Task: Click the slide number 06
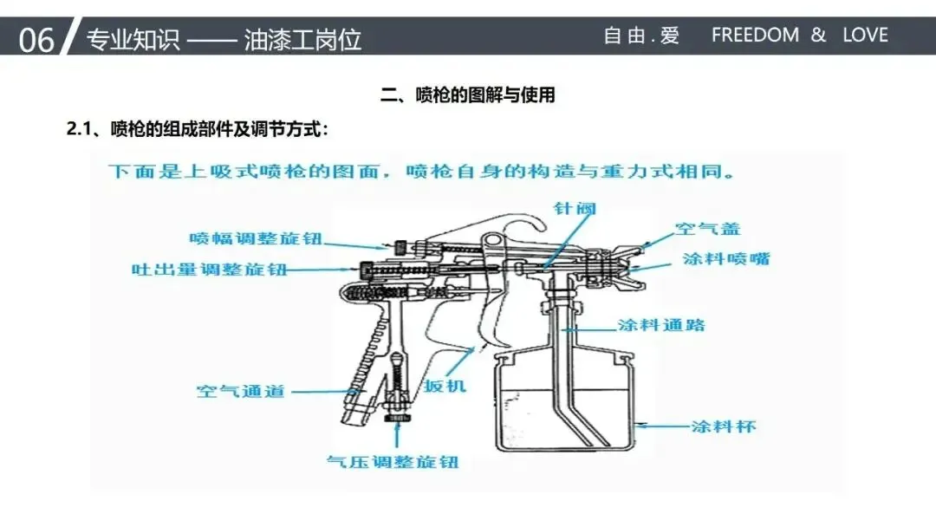pos(36,39)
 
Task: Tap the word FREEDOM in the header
pos(755,36)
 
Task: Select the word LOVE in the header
pos(865,36)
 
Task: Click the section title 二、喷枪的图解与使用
pos(467,95)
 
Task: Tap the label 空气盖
pos(708,230)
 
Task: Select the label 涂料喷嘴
pos(725,258)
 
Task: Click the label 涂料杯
pos(723,426)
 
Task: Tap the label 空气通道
pos(240,392)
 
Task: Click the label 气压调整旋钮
pos(392,461)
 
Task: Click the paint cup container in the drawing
pos(563,407)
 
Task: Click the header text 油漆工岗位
pos(302,39)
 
